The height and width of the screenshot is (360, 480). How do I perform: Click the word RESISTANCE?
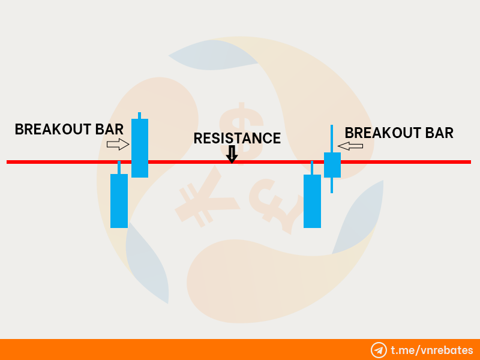237,139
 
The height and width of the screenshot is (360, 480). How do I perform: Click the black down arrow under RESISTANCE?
232,154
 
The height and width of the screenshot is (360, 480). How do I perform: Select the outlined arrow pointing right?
118,144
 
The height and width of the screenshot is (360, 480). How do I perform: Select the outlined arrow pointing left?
350,146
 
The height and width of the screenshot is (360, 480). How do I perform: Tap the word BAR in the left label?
109,129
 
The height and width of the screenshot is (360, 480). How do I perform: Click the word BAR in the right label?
439,133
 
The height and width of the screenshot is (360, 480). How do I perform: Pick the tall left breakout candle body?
140,148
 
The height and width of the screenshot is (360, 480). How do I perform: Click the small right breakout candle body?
332,165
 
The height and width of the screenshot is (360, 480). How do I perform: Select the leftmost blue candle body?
119,201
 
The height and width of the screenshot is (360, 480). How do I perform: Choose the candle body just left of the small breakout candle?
312,202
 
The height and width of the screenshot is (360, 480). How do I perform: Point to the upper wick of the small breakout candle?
332,139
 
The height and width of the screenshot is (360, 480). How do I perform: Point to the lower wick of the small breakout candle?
332,185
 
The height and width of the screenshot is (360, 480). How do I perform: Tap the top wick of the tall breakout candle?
140,116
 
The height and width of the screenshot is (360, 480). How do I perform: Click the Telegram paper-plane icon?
379,350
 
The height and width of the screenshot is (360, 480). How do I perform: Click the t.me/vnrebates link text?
432,350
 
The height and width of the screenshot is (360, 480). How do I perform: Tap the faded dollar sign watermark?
242,132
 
